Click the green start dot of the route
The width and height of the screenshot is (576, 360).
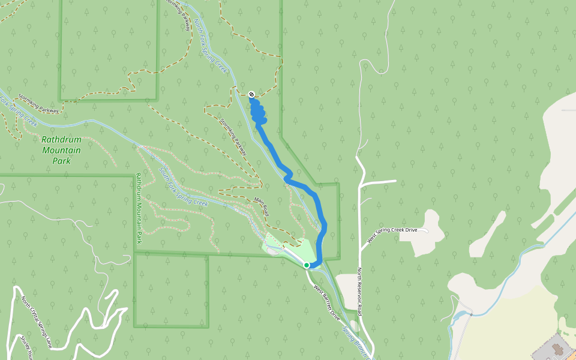coord(306,265)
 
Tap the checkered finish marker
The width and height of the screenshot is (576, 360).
coord(251,94)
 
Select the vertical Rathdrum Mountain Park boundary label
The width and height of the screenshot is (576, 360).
coord(139,208)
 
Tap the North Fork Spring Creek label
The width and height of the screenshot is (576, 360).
coord(210,47)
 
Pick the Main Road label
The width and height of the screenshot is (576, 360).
coord(261,206)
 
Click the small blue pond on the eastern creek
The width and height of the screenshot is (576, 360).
coord(461,314)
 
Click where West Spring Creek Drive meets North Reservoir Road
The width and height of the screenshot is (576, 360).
coord(361,248)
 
